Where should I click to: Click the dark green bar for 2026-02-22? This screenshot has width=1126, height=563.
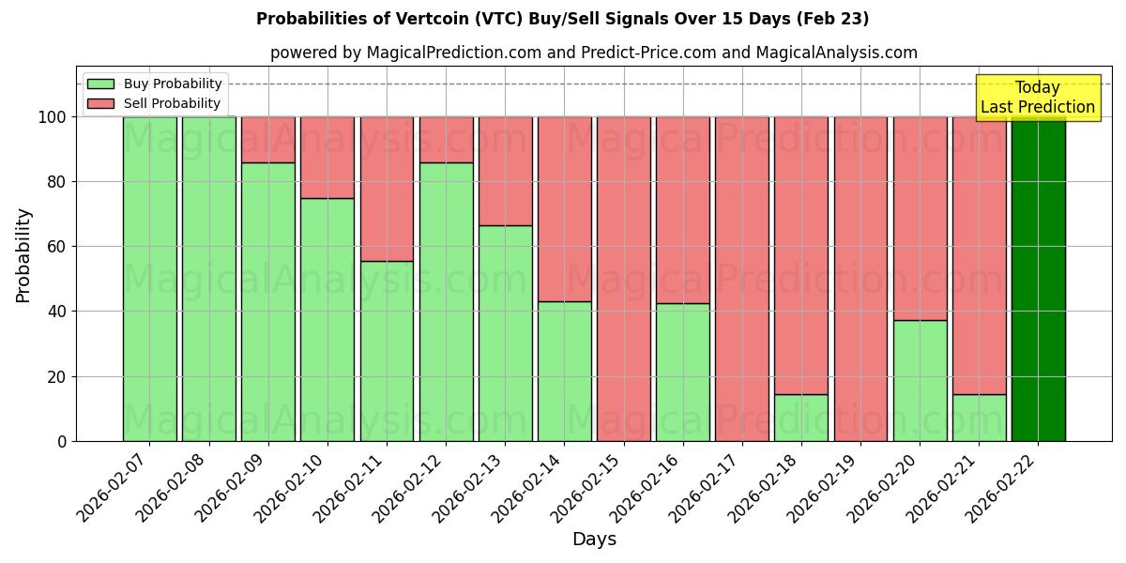click(1038, 279)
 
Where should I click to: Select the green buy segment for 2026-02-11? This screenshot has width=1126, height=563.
click(387, 351)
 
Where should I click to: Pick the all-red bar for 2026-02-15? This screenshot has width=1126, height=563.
click(624, 279)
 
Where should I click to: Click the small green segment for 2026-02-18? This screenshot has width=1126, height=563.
click(801, 418)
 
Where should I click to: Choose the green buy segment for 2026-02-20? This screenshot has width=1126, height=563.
click(921, 380)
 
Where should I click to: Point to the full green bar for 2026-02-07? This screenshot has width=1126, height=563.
click(149, 279)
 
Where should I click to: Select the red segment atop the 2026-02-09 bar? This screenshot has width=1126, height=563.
click(268, 139)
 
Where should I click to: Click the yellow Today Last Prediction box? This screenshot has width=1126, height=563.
click(1038, 98)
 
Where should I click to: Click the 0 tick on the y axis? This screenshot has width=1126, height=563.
click(63, 441)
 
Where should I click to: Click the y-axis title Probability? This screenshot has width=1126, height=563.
click(23, 255)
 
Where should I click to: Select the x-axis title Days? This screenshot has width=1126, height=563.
click(594, 540)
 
